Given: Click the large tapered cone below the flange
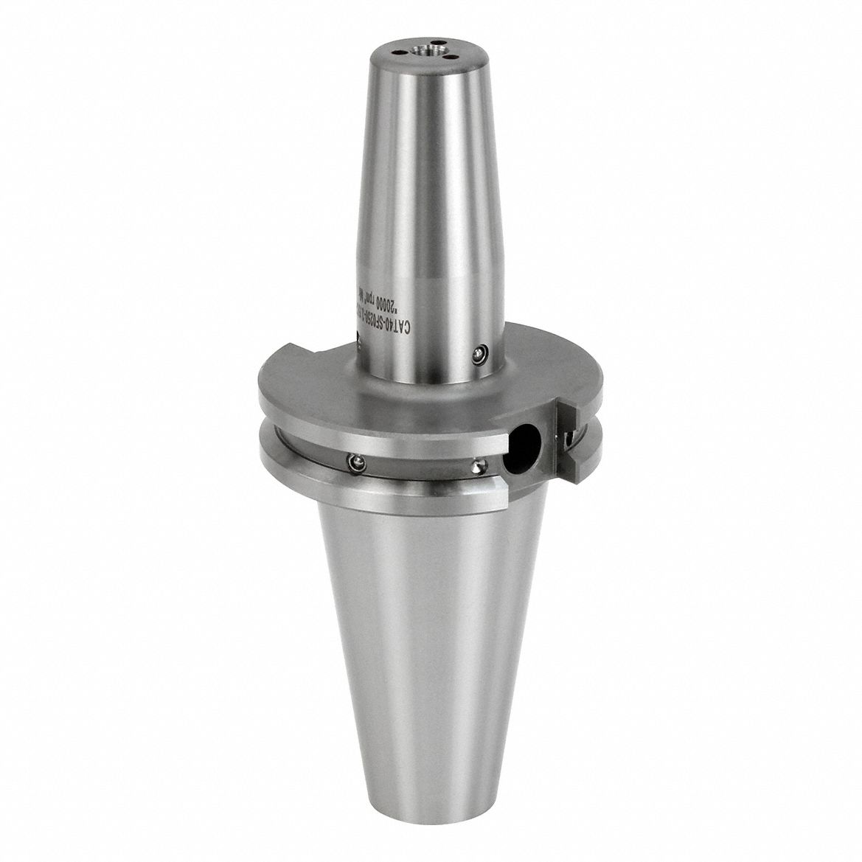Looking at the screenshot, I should click(424, 627).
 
